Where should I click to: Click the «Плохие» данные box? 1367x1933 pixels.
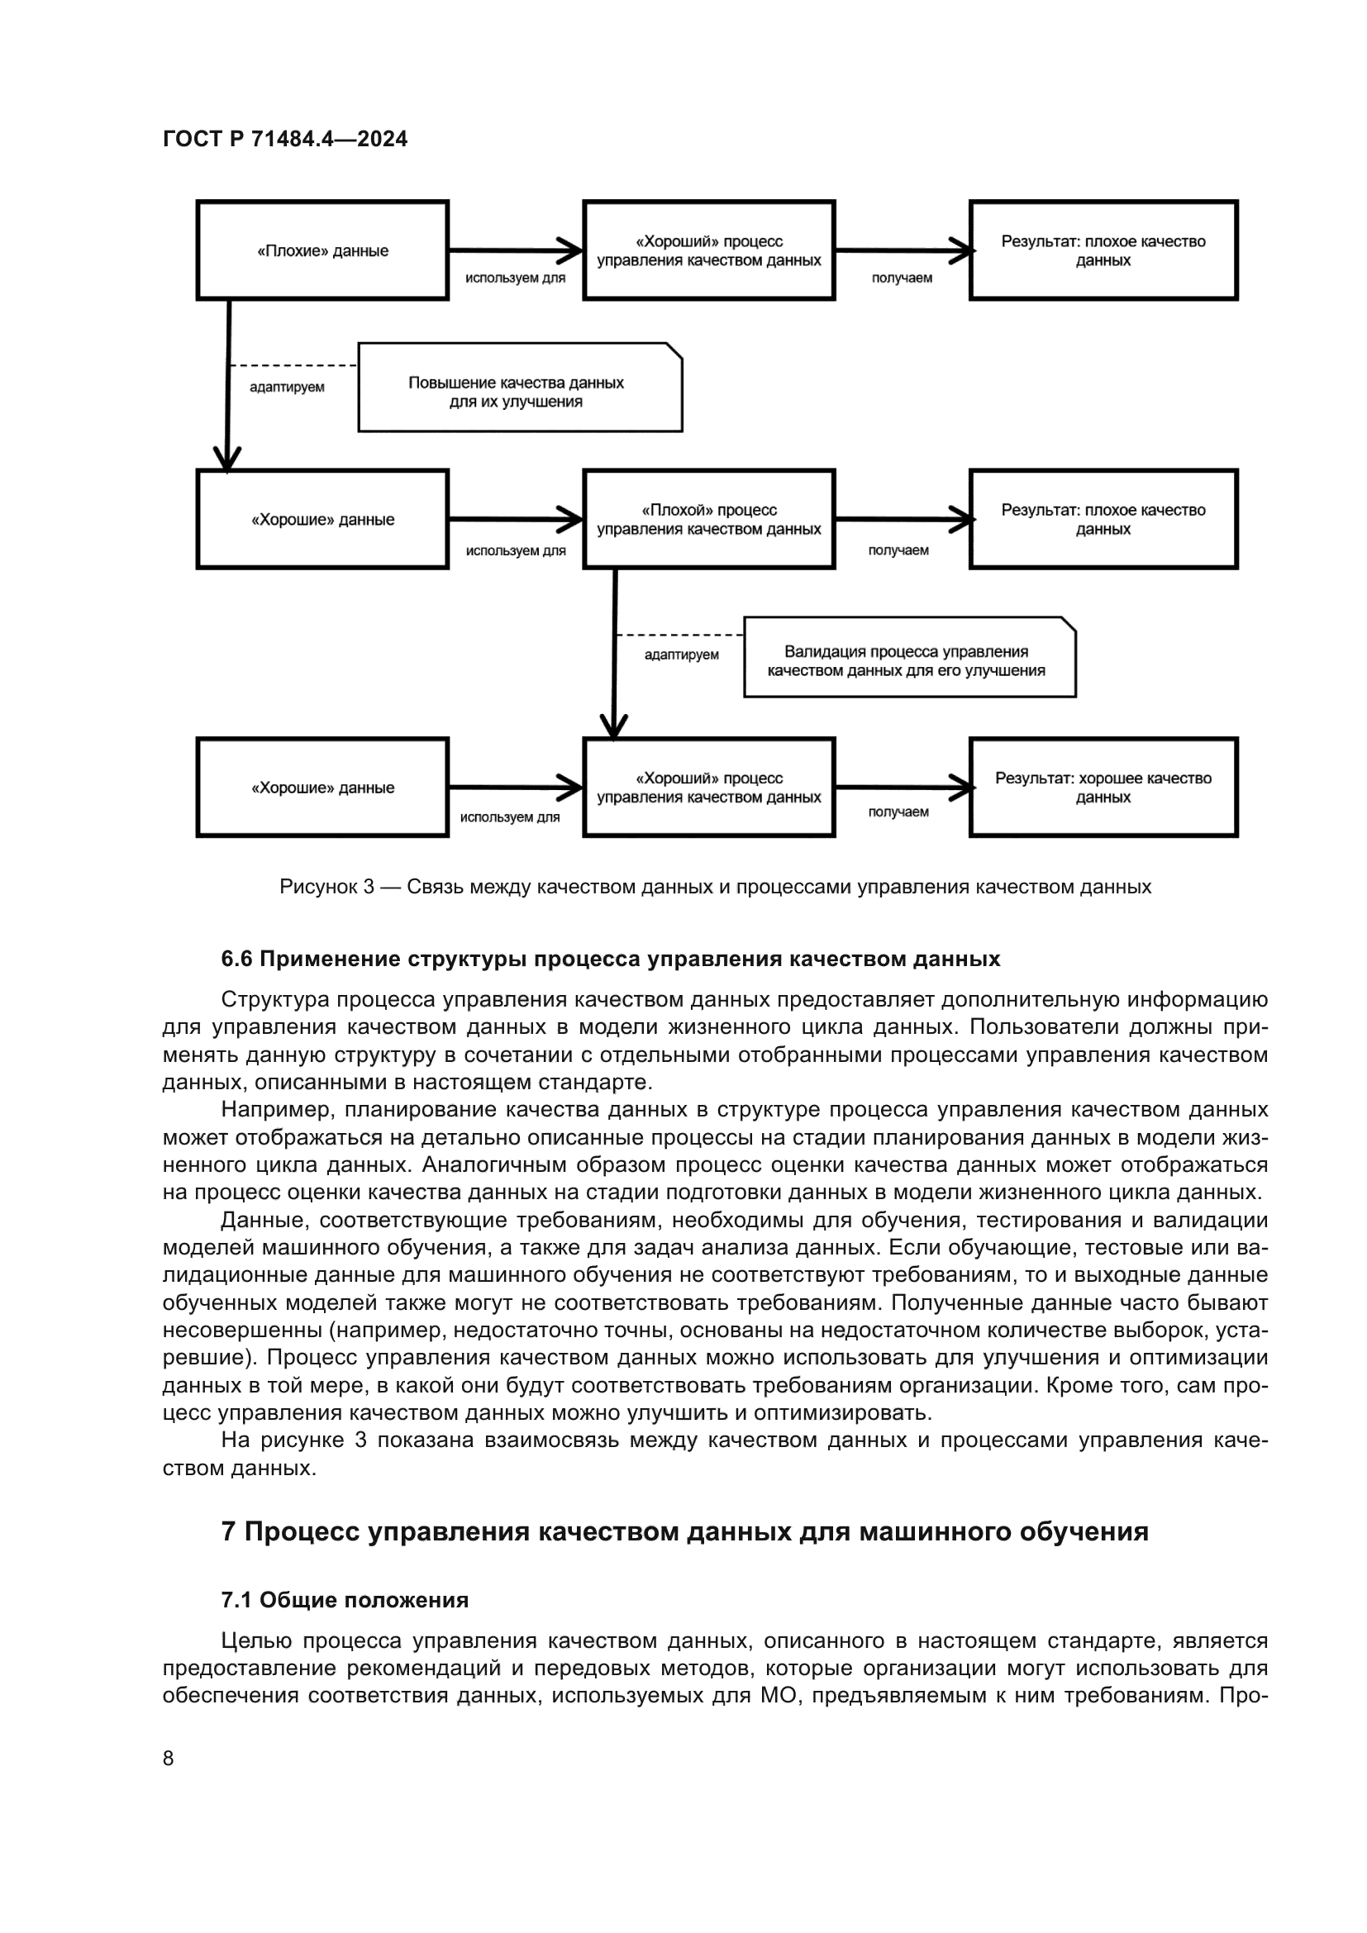[322, 250]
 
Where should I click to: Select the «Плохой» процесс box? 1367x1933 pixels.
[709, 520]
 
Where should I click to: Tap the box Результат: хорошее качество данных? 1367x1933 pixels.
[1103, 788]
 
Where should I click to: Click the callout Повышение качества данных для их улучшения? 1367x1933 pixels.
[519, 388]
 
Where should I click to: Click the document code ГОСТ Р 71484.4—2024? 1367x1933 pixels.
[284, 139]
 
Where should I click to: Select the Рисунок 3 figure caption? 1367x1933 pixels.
[715, 887]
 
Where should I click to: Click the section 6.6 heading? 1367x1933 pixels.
[610, 959]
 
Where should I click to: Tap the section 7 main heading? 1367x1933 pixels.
[684, 1531]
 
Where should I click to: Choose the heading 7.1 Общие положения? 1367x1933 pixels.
[345, 1600]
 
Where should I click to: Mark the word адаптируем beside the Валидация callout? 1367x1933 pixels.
[681, 655]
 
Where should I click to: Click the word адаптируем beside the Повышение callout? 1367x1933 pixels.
[287, 388]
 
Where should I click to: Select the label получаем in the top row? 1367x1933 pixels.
[902, 278]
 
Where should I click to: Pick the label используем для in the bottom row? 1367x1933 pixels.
[509, 817]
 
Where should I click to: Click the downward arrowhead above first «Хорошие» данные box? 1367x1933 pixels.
[226, 457]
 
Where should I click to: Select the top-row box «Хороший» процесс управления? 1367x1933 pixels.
[709, 250]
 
